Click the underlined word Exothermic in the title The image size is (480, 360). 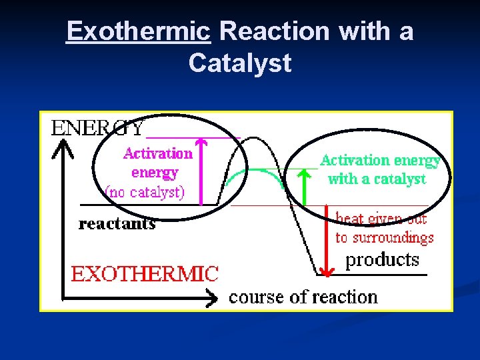pos(138,31)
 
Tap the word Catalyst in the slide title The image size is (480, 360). pos(240,63)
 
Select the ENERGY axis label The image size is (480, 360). pos(97,127)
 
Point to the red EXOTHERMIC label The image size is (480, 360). pos(145,273)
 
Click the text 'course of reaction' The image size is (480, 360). pos(303,297)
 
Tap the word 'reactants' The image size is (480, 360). pos(117,224)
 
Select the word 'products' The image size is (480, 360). pos(382,260)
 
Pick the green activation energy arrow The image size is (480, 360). pos(305,187)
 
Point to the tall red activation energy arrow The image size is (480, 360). pos(205,170)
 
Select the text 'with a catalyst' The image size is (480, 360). pos(377,179)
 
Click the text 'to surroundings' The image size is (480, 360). pos(384,238)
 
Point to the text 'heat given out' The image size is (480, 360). pos(381,219)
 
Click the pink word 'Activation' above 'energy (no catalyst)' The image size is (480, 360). pos(158,153)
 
